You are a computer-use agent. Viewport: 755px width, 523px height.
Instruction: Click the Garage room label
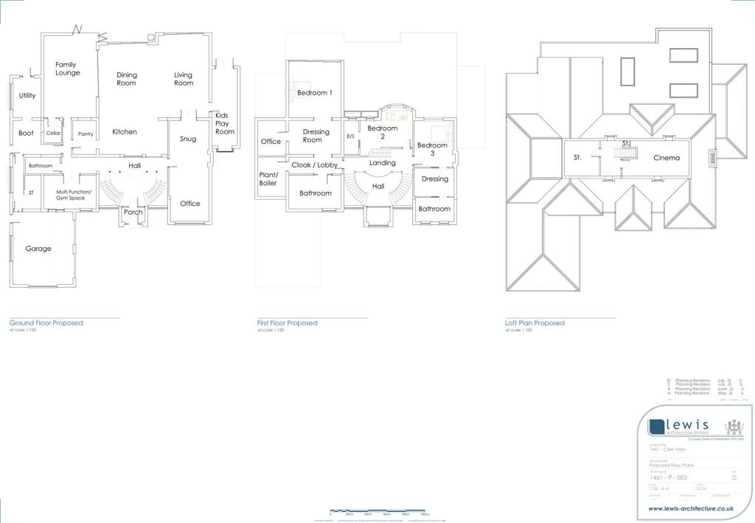(38, 249)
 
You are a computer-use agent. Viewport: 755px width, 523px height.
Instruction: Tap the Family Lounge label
(67, 69)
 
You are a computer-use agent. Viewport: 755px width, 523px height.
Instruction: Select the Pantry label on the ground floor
(86, 134)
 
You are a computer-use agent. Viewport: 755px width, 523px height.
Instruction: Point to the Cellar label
(53, 134)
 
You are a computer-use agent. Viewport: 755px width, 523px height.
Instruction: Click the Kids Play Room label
(225, 123)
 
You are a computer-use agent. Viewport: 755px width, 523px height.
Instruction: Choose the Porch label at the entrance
(133, 212)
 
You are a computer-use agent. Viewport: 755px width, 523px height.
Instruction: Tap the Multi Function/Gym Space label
(74, 195)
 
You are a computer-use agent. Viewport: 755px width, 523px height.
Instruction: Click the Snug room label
(188, 139)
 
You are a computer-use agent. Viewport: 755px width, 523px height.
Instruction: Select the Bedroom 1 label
(315, 93)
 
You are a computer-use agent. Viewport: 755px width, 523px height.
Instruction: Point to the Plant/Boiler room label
(268, 179)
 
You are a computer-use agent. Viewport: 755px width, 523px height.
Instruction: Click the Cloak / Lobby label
(314, 165)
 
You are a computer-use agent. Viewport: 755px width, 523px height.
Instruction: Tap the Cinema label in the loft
(667, 158)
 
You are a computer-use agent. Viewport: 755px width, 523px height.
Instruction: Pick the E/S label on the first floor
(350, 137)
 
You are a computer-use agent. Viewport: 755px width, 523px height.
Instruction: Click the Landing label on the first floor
(383, 162)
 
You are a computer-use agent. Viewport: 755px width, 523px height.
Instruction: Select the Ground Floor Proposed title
(46, 323)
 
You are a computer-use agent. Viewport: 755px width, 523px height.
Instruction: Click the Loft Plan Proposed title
(535, 323)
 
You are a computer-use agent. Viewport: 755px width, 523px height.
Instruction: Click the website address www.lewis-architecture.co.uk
(694, 509)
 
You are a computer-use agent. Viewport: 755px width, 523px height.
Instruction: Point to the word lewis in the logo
(688, 425)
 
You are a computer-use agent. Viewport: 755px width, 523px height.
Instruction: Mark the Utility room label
(27, 96)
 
